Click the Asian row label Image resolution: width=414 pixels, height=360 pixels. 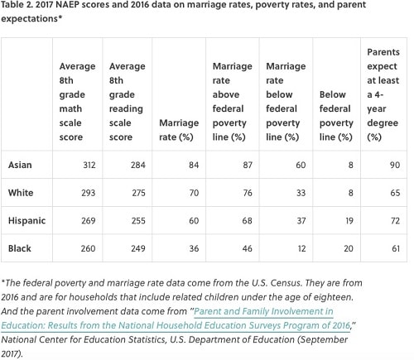point(20,165)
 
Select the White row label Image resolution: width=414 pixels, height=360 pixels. point(21,193)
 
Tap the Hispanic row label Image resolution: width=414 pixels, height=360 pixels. point(26,221)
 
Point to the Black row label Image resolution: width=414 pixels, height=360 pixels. point(20,248)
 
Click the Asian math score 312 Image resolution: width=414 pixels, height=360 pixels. point(89,165)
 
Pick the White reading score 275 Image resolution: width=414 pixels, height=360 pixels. point(138,193)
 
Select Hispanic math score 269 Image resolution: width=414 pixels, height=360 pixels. point(89,221)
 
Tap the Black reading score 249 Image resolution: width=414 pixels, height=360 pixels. point(138,248)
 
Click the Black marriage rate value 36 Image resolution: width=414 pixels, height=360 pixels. point(194,248)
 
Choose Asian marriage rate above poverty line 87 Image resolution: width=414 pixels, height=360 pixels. point(248,165)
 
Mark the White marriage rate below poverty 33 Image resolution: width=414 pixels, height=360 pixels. point(301,193)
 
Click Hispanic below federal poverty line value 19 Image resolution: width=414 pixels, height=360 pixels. point(349,221)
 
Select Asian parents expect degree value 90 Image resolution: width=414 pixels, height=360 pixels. point(395,165)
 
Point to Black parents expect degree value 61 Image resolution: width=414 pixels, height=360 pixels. point(396,248)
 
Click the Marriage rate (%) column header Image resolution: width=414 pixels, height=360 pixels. point(179,130)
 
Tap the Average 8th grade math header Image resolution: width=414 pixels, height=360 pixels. point(77,102)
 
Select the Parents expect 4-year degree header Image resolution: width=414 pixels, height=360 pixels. point(383,94)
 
